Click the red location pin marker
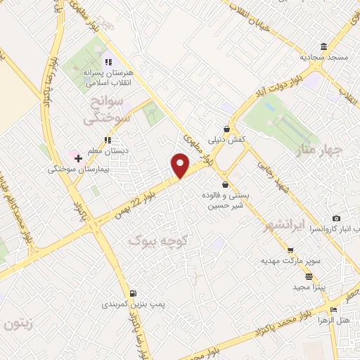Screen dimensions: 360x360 (x=181, y=165)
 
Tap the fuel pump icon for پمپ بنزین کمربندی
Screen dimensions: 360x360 (x=133, y=293)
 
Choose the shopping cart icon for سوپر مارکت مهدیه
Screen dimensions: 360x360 (x=290, y=250)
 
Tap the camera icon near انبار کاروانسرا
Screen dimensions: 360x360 (x=336, y=219)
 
